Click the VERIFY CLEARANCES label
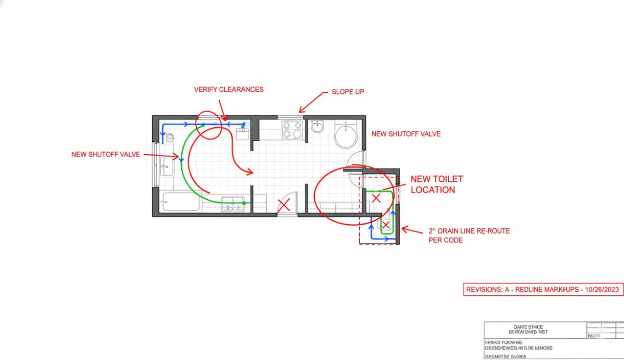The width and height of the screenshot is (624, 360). (228, 90)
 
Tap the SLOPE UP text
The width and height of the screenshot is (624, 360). (348, 92)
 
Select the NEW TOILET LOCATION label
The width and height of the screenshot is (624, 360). (436, 185)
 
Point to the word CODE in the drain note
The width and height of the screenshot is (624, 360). (452, 240)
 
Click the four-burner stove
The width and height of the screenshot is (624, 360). (292, 129)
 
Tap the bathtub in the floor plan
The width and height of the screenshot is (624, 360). (181, 202)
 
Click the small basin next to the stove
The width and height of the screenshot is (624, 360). (318, 127)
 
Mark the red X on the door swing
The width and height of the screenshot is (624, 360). (284, 205)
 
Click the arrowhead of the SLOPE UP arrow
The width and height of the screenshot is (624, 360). (300, 111)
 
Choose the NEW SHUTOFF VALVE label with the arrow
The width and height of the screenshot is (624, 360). (106, 155)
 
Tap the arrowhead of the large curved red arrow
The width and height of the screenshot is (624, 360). (251, 173)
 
